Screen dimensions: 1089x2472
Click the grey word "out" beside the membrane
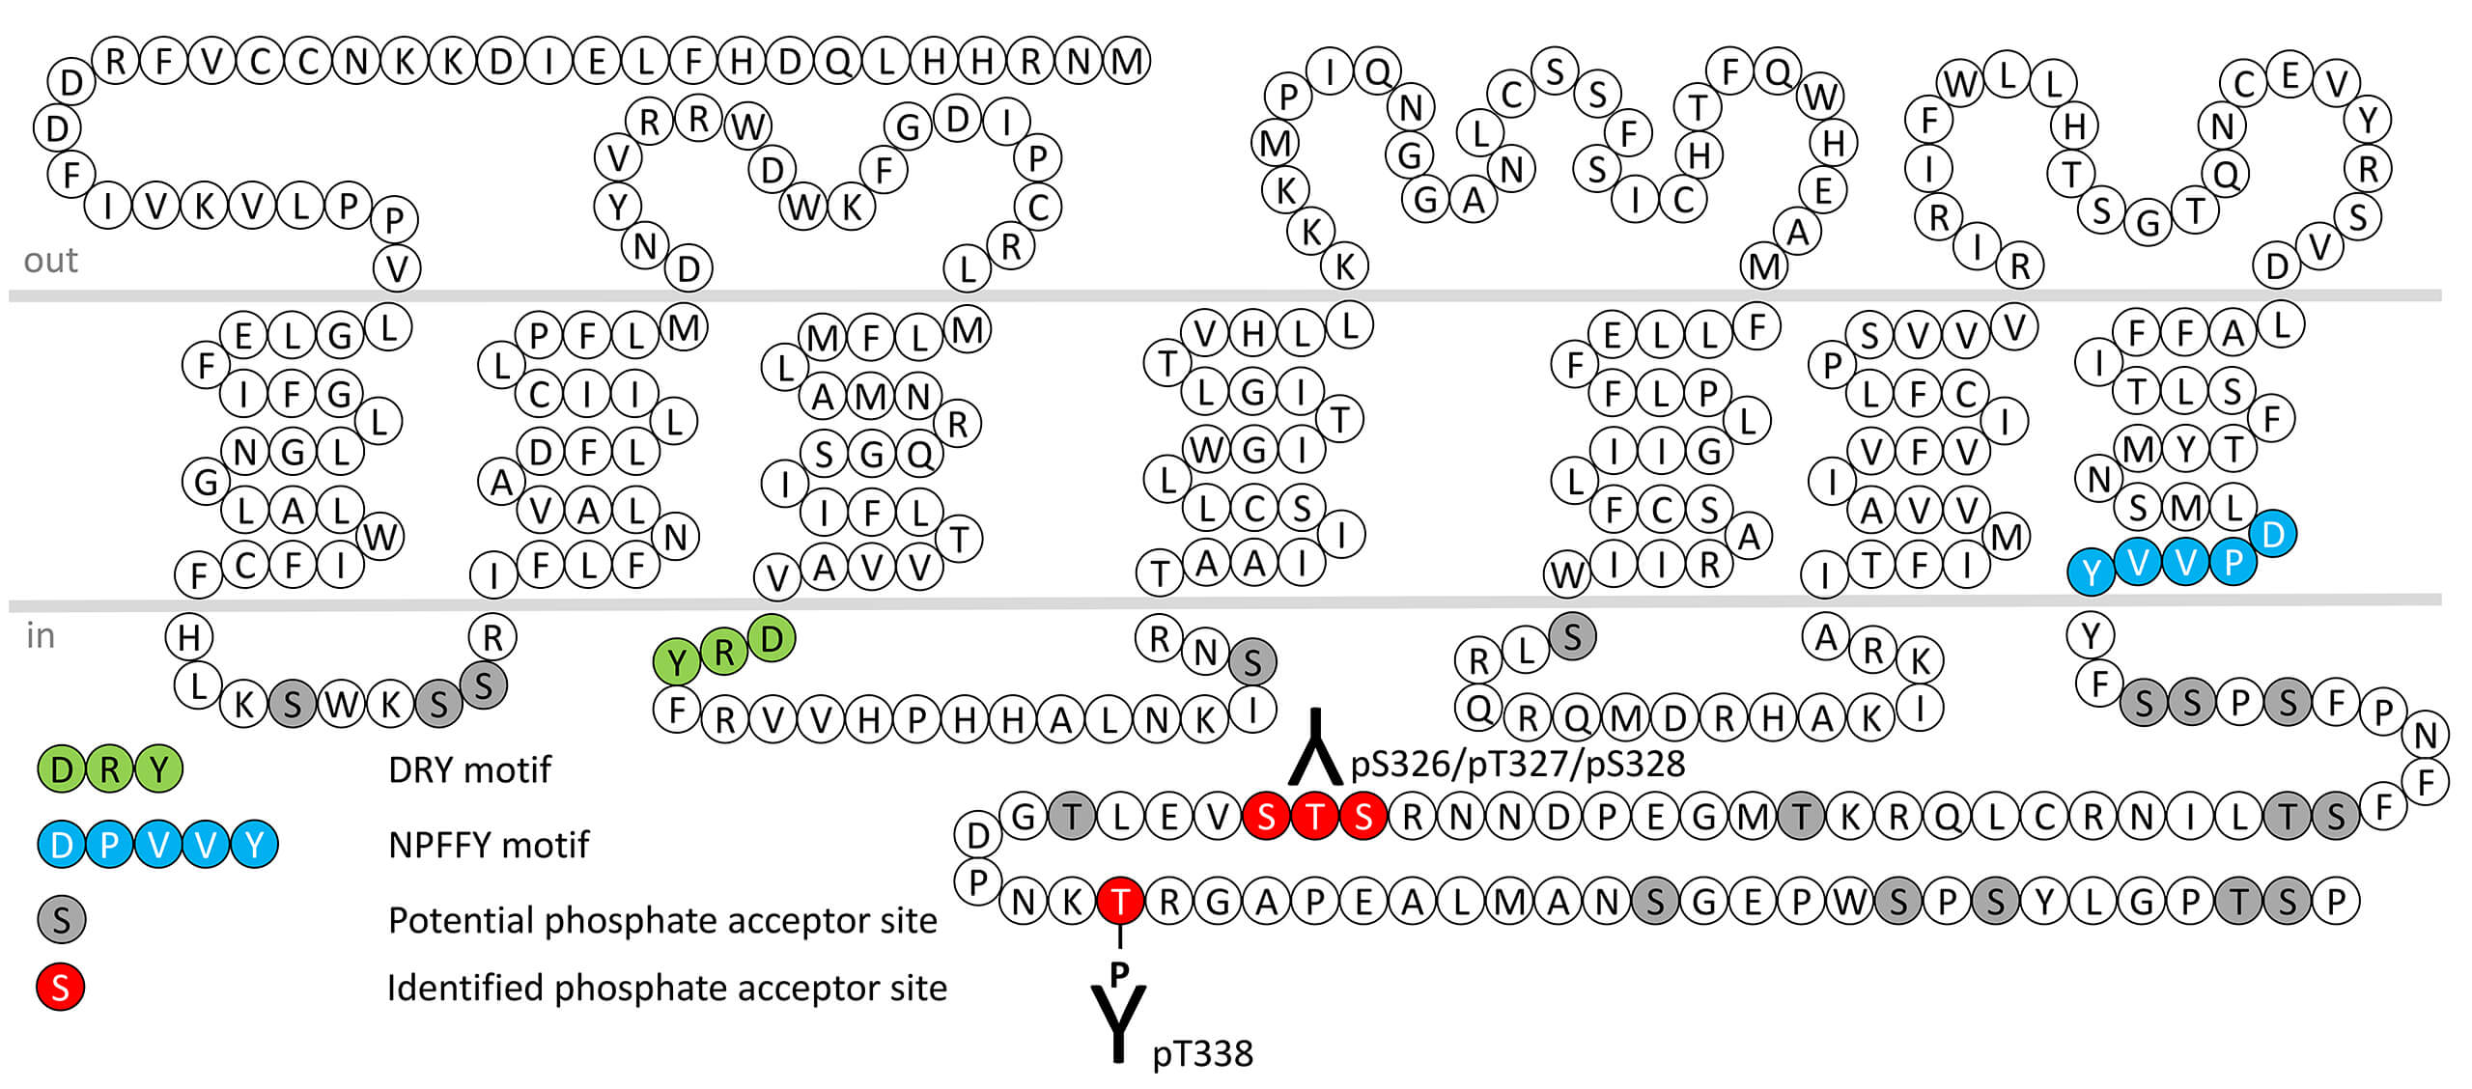pyautogui.click(x=50, y=261)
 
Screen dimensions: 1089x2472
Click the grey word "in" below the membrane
pyautogui.click(x=40, y=636)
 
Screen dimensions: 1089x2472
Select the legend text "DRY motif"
pyautogui.click(x=468, y=769)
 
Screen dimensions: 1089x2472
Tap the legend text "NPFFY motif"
pyautogui.click(x=488, y=845)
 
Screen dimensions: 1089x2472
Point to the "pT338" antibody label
pyautogui.click(x=1202, y=1053)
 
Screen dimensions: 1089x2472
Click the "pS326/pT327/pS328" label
pyautogui.click(x=1517, y=764)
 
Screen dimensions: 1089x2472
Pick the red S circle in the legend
pyautogui.click(x=60, y=987)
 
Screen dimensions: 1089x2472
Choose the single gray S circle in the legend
pyautogui.click(x=61, y=920)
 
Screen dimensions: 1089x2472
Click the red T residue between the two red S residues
pyautogui.click(x=1314, y=817)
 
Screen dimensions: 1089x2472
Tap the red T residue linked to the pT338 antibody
pyautogui.click(x=1120, y=902)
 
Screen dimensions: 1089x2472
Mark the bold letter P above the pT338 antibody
pyautogui.click(x=1119, y=973)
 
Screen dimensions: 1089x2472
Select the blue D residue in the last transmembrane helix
pyautogui.click(x=2272, y=534)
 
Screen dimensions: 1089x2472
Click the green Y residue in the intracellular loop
pyautogui.click(x=676, y=662)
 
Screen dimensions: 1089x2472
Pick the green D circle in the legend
pyautogui.click(x=61, y=769)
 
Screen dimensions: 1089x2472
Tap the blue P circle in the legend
pyautogui.click(x=109, y=845)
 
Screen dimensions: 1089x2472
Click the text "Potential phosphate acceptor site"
pyautogui.click(x=662, y=920)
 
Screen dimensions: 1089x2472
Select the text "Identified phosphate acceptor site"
pyautogui.click(x=666, y=988)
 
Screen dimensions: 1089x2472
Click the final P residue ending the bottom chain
pyautogui.click(x=2335, y=902)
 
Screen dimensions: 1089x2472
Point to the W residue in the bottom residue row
pyautogui.click(x=1849, y=902)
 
